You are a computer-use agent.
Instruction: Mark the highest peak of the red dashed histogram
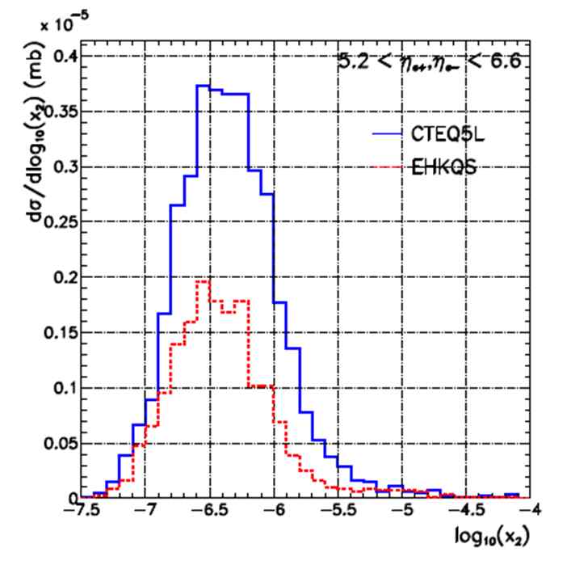(203, 280)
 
